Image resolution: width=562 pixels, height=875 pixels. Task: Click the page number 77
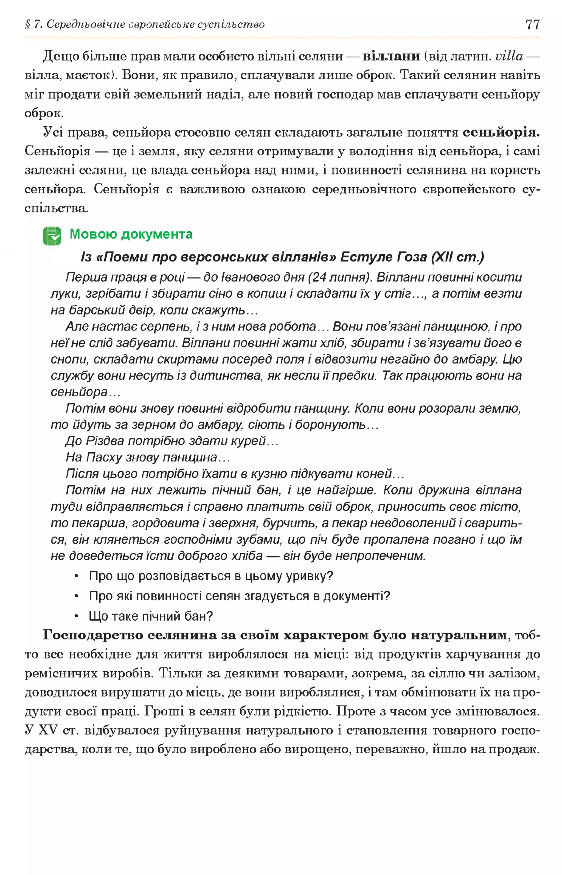[x=532, y=24]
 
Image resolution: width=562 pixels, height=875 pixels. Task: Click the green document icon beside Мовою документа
[x=52, y=236]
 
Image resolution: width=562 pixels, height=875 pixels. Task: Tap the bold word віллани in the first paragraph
[x=391, y=56]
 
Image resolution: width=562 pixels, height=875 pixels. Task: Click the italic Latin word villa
[x=509, y=56]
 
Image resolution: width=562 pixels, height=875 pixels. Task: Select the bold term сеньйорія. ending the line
[x=501, y=132]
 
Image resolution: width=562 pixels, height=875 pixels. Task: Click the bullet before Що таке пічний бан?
[x=76, y=617]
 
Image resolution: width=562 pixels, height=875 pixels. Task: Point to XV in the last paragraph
[x=48, y=730]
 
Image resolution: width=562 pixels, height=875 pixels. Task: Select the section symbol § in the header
[x=27, y=24]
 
